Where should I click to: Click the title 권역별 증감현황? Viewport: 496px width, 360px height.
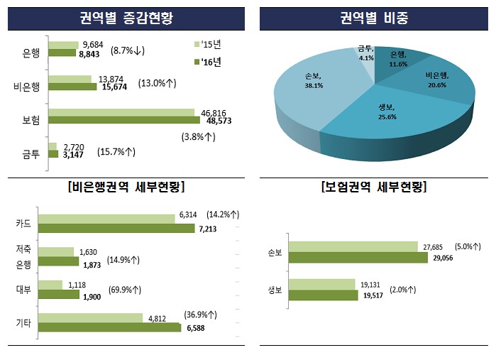pos(125,17)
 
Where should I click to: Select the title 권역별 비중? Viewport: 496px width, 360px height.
pos(373,17)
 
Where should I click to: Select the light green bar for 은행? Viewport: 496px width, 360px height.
pos(64,45)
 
